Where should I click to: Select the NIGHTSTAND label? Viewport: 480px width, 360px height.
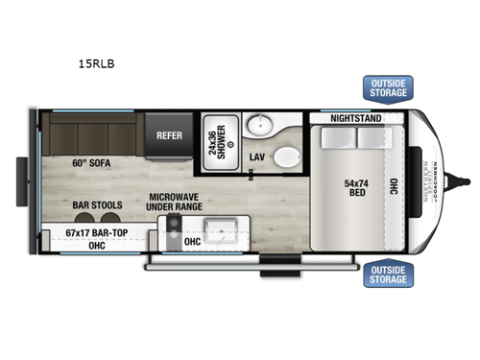point(354,119)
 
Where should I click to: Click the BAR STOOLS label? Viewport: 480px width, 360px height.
point(97,204)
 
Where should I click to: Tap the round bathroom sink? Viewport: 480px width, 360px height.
point(258,126)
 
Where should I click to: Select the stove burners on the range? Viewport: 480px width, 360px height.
point(174,228)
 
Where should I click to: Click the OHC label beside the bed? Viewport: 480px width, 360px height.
point(393,187)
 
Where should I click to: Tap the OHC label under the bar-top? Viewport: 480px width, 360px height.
point(97,246)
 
